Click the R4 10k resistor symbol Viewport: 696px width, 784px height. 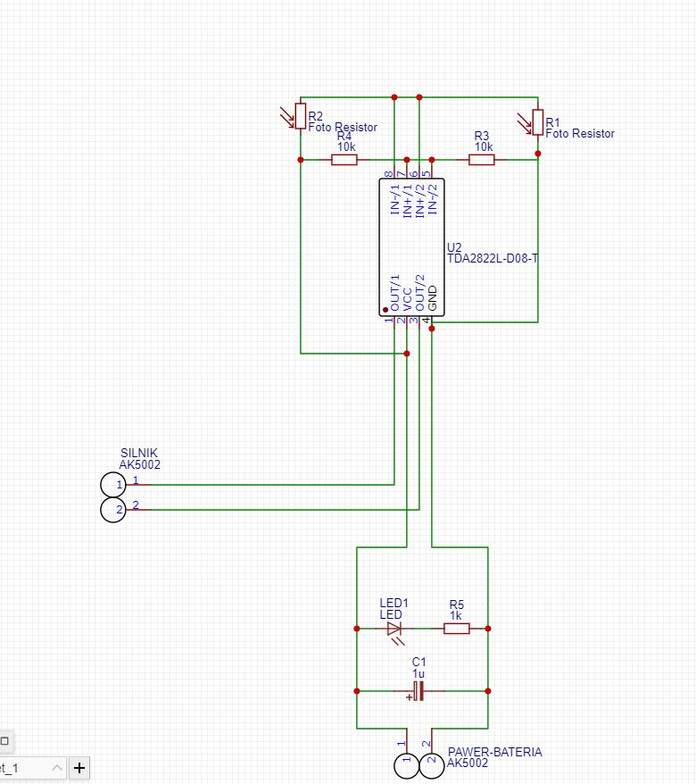click(x=344, y=160)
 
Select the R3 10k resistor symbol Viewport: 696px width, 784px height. click(x=482, y=160)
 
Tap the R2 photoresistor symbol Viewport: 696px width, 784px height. click(x=300, y=116)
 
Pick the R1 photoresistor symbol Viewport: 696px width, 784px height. click(x=537, y=122)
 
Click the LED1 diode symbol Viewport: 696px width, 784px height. click(x=394, y=629)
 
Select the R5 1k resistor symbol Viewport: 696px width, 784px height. click(x=456, y=629)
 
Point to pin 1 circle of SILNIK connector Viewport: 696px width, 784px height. click(x=112, y=485)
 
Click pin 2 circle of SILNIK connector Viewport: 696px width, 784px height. click(x=112, y=511)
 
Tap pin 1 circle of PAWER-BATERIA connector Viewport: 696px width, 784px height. click(x=406, y=765)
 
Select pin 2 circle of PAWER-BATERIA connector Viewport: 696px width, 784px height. click(x=432, y=765)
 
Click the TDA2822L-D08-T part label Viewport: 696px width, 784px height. click(x=493, y=259)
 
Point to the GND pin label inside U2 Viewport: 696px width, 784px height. click(x=433, y=298)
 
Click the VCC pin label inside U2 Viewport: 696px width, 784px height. click(x=408, y=298)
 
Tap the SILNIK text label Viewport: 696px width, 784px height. click(x=138, y=454)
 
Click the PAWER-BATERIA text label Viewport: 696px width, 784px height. click(x=494, y=752)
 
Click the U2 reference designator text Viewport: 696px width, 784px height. click(x=454, y=246)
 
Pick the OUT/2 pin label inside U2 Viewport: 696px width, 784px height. click(x=420, y=292)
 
